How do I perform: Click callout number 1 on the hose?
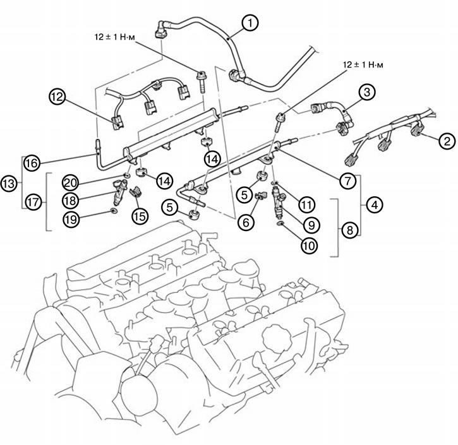[250, 23]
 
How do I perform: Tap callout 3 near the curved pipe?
[366, 92]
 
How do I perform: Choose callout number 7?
[346, 181]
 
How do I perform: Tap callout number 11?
[306, 203]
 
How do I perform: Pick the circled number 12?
[57, 98]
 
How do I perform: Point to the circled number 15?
[139, 214]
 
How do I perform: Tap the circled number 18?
[71, 199]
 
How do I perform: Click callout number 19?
[71, 218]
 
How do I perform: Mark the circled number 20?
[71, 183]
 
